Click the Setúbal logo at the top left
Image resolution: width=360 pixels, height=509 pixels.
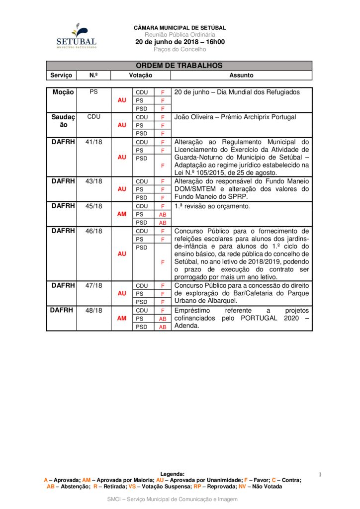coord(76,36)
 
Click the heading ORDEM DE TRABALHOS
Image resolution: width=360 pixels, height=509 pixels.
coord(179,66)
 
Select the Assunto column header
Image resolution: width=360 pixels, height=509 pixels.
coord(241,75)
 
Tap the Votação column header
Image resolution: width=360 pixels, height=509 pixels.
coord(141,75)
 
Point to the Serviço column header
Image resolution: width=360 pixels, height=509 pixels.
coord(61,75)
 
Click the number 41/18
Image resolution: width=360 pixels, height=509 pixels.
coord(93,142)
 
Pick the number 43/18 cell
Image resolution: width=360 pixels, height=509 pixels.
coord(93,181)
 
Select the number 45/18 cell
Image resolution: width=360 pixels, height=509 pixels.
coord(93,206)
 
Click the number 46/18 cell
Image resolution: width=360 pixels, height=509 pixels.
coord(93,231)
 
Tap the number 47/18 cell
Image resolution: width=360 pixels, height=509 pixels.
coord(93,285)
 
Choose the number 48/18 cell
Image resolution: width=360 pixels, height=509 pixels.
coord(93,310)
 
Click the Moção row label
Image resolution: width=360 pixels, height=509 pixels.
coord(63,92)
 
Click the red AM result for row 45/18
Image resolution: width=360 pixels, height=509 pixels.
coord(122,214)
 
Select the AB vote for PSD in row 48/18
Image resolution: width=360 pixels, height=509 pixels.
coord(163,327)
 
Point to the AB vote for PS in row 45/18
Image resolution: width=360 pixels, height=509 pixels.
coord(163,214)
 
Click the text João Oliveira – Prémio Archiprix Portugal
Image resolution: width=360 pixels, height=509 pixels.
coord(235,117)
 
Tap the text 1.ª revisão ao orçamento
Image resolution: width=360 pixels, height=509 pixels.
coord(212,206)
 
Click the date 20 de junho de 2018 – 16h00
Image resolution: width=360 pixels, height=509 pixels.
coord(180,42)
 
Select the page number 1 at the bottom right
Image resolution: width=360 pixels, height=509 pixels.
coord(321,475)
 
